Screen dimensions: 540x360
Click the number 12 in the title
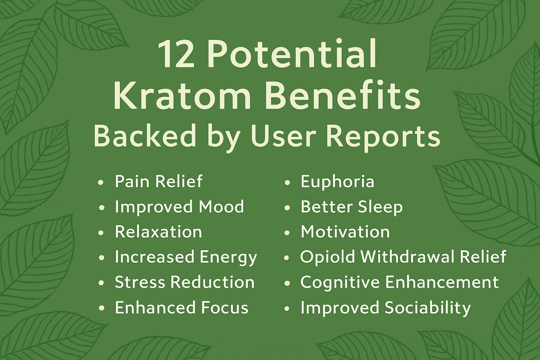click(176, 54)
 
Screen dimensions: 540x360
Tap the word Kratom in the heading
click(182, 96)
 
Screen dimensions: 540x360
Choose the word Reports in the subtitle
click(383, 138)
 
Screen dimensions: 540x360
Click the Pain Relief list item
click(159, 181)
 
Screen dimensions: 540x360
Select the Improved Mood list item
click(179, 207)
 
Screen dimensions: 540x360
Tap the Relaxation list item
click(159, 232)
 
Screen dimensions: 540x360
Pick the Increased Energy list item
click(186, 258)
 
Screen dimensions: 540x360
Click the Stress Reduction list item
click(185, 282)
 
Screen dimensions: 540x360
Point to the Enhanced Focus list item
click(181, 307)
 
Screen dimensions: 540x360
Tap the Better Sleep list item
click(352, 207)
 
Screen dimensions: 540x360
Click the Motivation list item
click(345, 232)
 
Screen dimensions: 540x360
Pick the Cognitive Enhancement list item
click(399, 282)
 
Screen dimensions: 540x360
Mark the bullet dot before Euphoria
click(287, 182)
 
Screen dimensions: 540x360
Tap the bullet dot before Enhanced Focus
click(102, 308)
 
